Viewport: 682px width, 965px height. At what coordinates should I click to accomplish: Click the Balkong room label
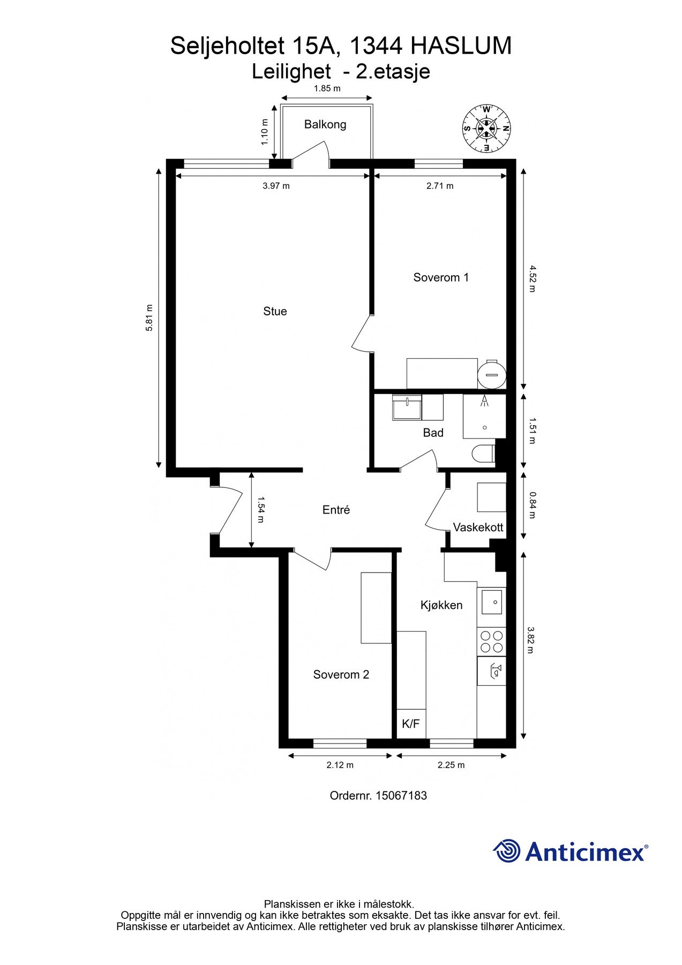point(325,124)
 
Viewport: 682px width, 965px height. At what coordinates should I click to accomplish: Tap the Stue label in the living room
point(275,311)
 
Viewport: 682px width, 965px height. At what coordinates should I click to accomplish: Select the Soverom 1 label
point(441,277)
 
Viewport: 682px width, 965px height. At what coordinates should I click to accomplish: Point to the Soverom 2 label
point(341,674)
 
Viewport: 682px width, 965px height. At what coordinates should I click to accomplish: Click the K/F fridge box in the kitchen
point(411,724)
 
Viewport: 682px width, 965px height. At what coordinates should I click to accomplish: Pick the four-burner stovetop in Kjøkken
point(491,642)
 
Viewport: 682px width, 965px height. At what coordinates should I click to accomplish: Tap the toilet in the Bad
point(483,454)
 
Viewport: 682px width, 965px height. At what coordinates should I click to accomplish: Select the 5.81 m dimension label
point(149,318)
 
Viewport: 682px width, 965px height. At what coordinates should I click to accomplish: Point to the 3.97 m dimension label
point(276,186)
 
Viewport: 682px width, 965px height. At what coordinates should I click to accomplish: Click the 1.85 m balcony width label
point(327,88)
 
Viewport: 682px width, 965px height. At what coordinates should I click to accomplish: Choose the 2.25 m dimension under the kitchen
point(451,765)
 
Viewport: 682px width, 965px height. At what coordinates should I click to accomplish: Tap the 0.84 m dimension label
point(531,506)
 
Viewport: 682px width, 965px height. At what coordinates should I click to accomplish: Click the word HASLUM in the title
point(461,46)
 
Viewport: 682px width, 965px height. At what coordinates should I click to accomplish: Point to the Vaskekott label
point(478,528)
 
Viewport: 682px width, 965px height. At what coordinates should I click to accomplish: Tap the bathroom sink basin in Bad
point(407,408)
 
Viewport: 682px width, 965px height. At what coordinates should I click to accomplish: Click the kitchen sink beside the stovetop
point(491,602)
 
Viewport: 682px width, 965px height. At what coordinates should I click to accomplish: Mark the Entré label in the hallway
point(336,510)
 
